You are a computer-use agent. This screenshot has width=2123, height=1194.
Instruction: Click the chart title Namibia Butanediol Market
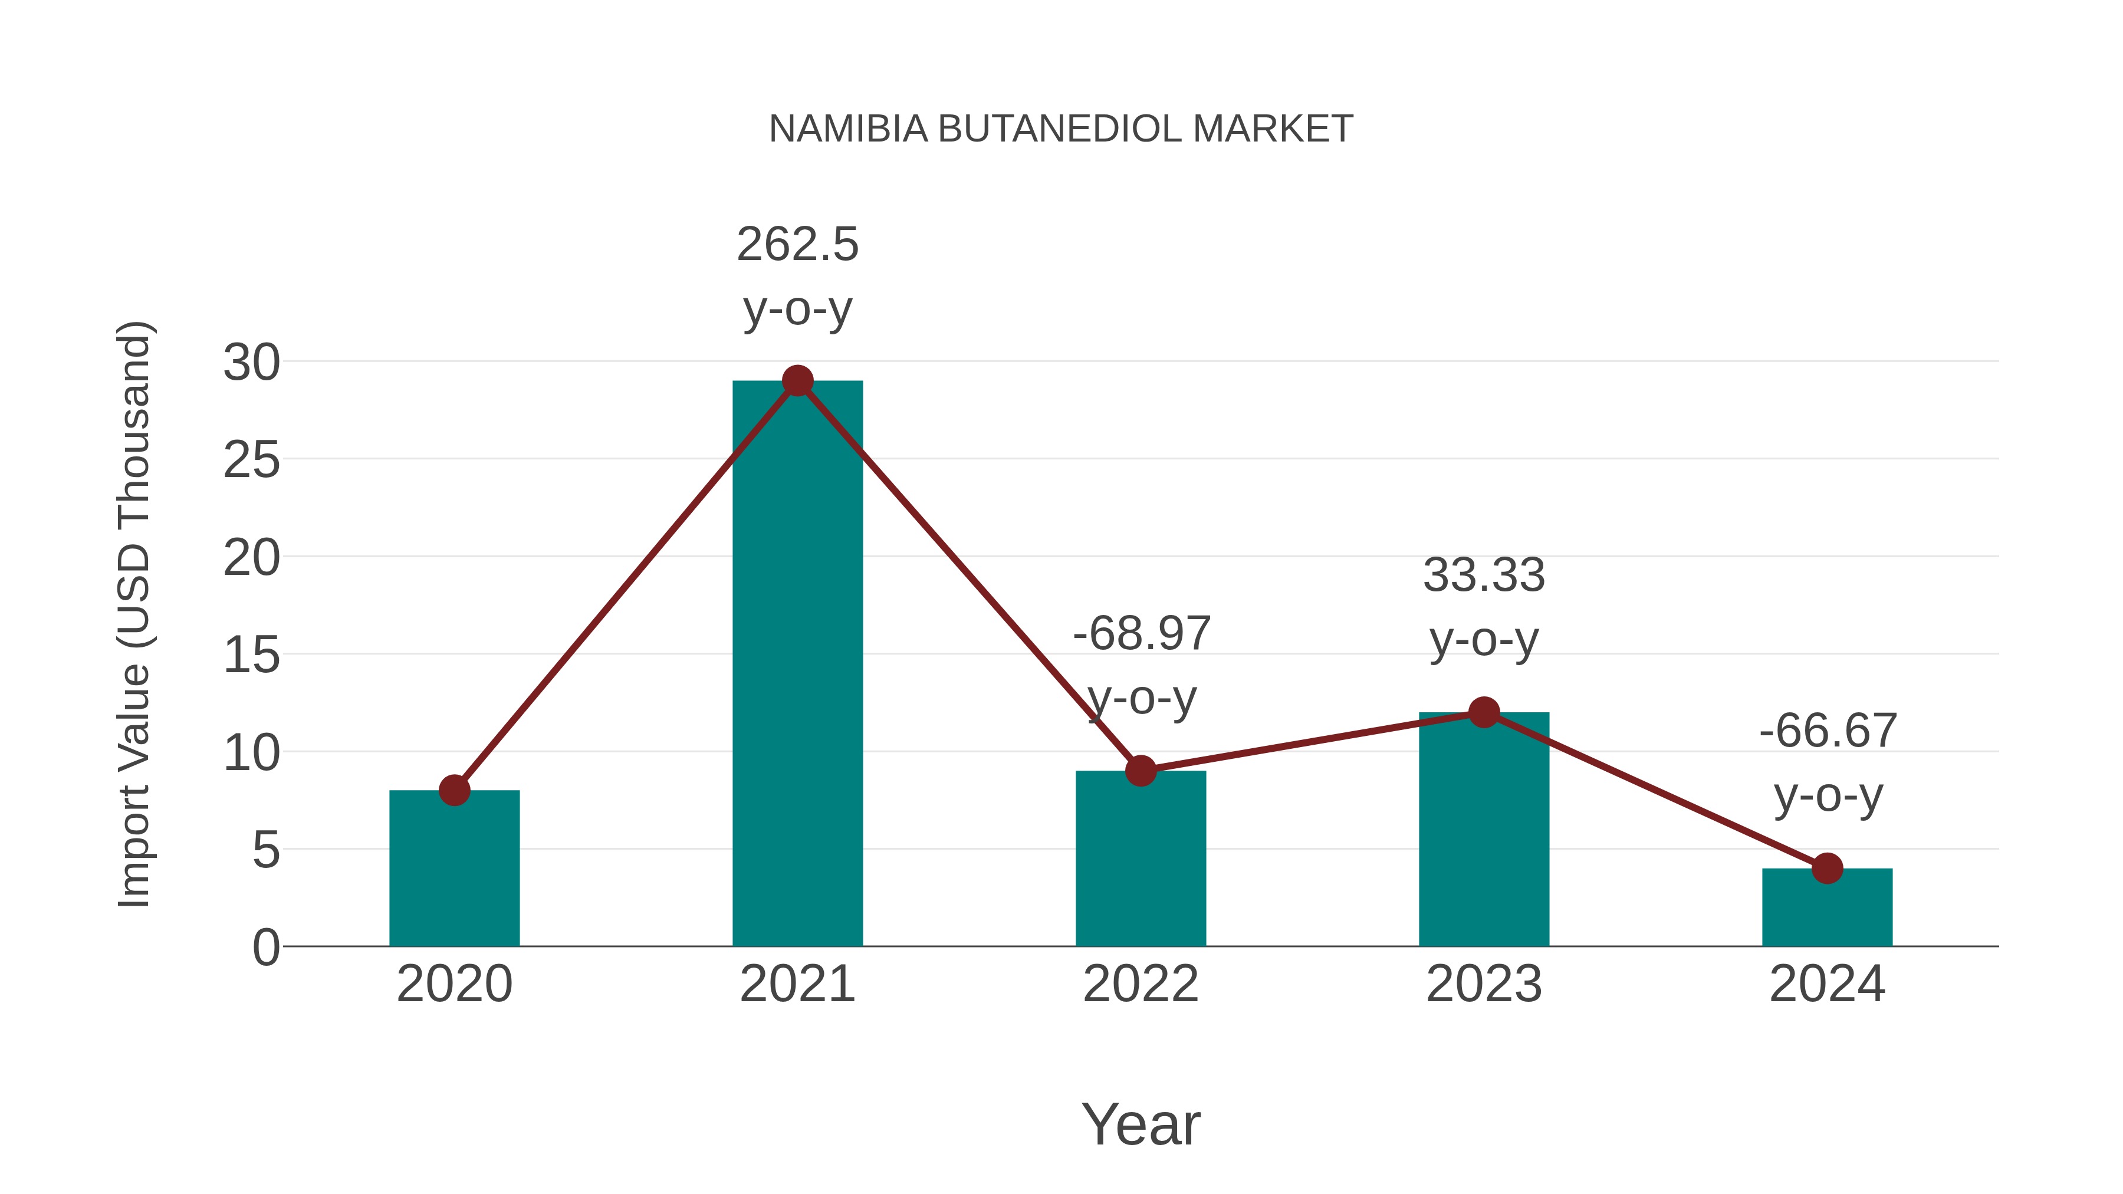click(1061, 129)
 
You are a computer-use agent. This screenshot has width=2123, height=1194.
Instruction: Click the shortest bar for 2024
click(1827, 907)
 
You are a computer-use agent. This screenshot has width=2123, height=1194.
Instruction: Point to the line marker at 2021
click(797, 381)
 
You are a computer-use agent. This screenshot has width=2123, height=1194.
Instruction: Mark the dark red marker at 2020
click(454, 790)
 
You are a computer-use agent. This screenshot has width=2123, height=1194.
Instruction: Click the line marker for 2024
click(1827, 868)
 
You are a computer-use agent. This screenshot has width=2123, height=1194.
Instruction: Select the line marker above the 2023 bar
click(1484, 712)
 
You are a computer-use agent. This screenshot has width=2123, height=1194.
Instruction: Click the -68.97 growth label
click(1141, 634)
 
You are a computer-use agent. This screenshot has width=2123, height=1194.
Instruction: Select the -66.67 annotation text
click(1827, 731)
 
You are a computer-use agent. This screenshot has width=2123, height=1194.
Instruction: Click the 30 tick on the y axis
click(251, 363)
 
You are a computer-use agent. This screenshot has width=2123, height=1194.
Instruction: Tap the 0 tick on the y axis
click(265, 948)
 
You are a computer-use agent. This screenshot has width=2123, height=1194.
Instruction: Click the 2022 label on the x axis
click(1141, 984)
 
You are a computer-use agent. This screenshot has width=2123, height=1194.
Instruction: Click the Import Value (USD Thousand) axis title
click(133, 614)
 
